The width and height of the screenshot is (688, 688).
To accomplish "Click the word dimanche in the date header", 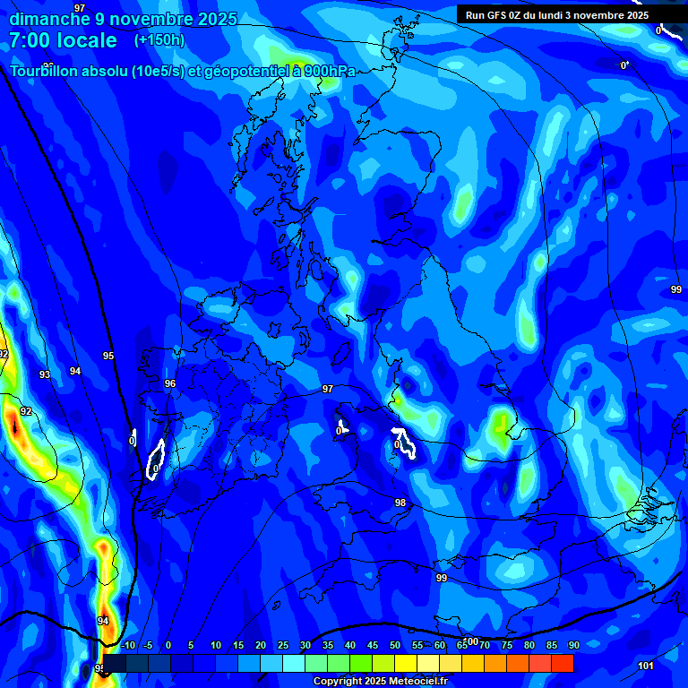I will click(x=48, y=19).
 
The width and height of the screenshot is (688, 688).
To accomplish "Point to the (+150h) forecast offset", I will click(x=159, y=40).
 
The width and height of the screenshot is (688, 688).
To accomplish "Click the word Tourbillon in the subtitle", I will click(x=45, y=72).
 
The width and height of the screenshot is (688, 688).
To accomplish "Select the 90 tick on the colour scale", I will click(x=573, y=645).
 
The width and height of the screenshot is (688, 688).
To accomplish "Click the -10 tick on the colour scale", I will click(x=127, y=645).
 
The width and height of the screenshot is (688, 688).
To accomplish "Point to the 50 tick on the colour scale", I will click(x=395, y=645).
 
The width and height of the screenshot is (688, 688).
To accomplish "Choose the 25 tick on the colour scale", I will click(x=282, y=645).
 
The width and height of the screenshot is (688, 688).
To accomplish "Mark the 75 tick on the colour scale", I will click(x=507, y=645).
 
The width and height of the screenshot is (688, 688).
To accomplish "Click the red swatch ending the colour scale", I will click(x=563, y=663).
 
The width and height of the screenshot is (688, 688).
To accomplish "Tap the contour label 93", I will click(x=45, y=374).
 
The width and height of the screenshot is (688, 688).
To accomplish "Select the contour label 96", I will click(x=170, y=383).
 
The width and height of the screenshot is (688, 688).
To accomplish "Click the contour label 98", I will click(x=400, y=503).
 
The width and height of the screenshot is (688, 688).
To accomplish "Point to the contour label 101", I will click(x=646, y=666).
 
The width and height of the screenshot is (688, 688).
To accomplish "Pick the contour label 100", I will click(x=471, y=641).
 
